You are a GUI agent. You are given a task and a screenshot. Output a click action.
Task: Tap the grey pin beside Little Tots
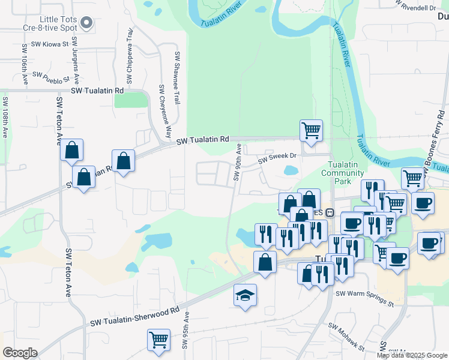click(86, 23)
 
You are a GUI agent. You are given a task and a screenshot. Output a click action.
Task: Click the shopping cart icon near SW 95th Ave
click(158, 340)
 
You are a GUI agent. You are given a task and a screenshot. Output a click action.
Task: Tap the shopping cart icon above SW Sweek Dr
click(311, 130)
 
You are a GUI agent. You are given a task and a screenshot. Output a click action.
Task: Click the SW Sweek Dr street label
click(277, 157)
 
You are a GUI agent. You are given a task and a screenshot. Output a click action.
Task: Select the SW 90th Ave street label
click(237, 162)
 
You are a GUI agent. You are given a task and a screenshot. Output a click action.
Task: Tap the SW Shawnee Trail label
click(178, 78)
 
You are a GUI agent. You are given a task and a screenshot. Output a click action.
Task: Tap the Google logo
click(20, 353)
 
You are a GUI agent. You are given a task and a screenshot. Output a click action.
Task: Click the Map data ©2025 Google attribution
click(412, 355)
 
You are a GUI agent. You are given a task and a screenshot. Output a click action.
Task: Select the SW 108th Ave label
click(5, 117)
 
